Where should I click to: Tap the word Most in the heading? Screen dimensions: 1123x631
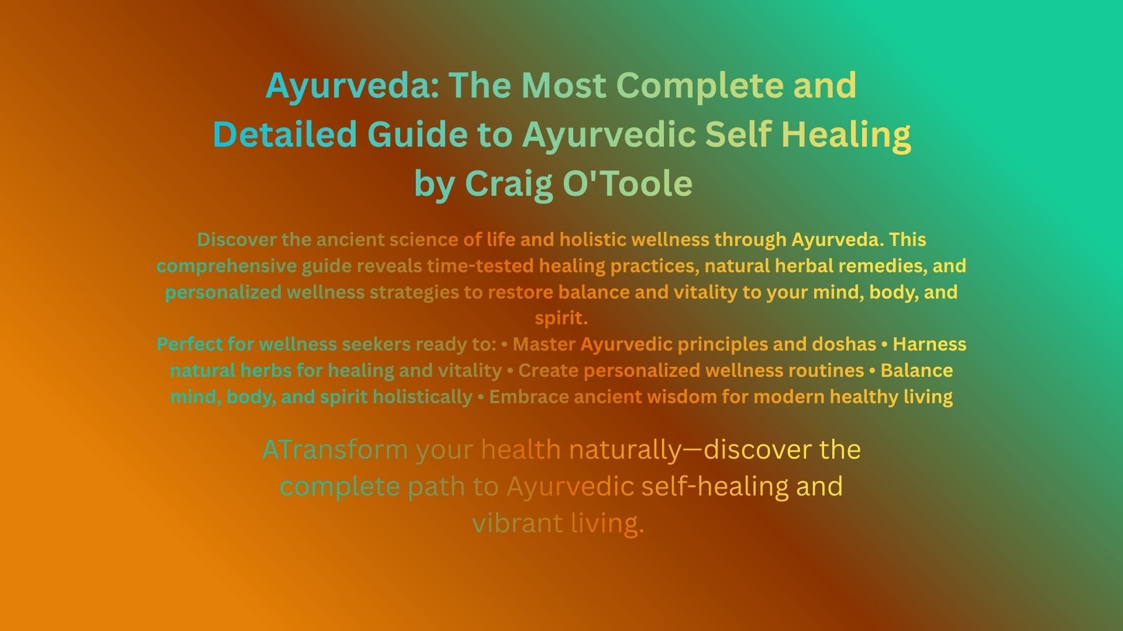[x=563, y=85]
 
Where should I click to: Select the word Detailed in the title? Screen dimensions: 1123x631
[x=285, y=134]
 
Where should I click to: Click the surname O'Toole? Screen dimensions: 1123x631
[x=628, y=183]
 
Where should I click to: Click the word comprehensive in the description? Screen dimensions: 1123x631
[x=226, y=266]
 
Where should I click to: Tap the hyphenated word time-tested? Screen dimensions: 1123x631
[x=480, y=266]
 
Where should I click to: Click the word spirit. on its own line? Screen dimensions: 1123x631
[x=561, y=318]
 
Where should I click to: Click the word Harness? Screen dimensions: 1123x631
[x=929, y=344]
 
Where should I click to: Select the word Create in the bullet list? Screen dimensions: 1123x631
[x=549, y=370]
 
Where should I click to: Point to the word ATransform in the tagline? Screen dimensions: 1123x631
[x=335, y=450]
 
